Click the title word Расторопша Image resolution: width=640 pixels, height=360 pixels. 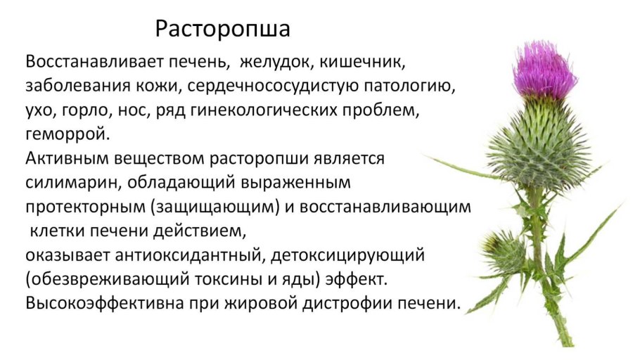coord(222,30)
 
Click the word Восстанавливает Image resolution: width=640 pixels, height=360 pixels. coord(94,63)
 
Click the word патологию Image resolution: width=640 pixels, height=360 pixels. coord(409,86)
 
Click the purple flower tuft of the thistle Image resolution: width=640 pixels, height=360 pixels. coord(544,70)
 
